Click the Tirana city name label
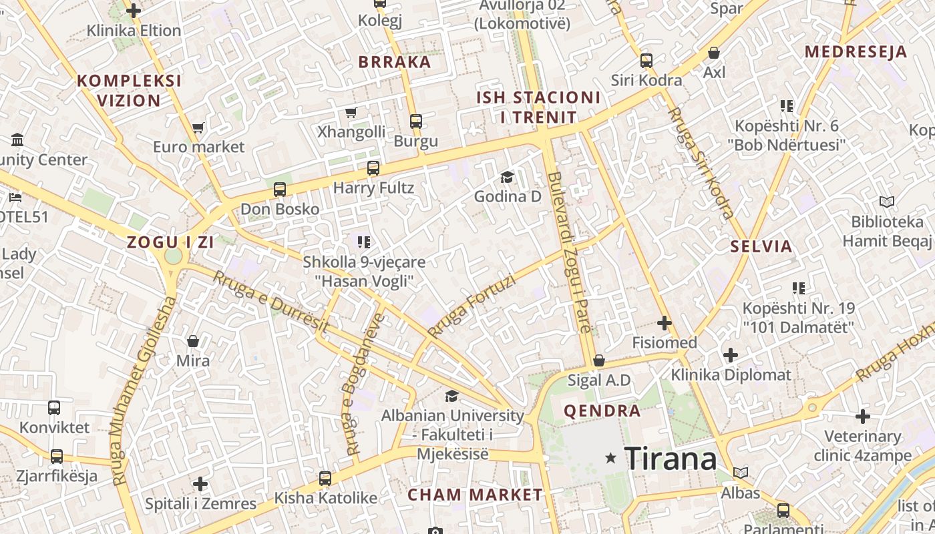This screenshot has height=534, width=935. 671,459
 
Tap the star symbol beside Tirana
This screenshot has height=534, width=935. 610,458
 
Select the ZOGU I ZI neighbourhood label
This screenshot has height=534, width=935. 171,242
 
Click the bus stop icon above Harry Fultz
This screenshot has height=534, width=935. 373,168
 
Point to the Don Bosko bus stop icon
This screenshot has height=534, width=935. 280,190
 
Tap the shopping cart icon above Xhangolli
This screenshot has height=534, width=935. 351,112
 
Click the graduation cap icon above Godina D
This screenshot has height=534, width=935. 508,177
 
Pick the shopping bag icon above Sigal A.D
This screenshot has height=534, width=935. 599,360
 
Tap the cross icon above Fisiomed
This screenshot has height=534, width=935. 665,323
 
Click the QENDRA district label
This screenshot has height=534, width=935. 602,411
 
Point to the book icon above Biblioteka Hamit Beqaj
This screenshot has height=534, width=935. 887,202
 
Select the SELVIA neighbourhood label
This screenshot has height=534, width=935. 761,246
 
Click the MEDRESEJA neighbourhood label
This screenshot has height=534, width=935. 856,52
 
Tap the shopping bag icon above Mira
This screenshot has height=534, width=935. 193,341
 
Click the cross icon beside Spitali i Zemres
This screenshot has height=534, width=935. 200,484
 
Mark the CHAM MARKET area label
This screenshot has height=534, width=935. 475,495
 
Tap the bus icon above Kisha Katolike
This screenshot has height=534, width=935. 325,478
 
